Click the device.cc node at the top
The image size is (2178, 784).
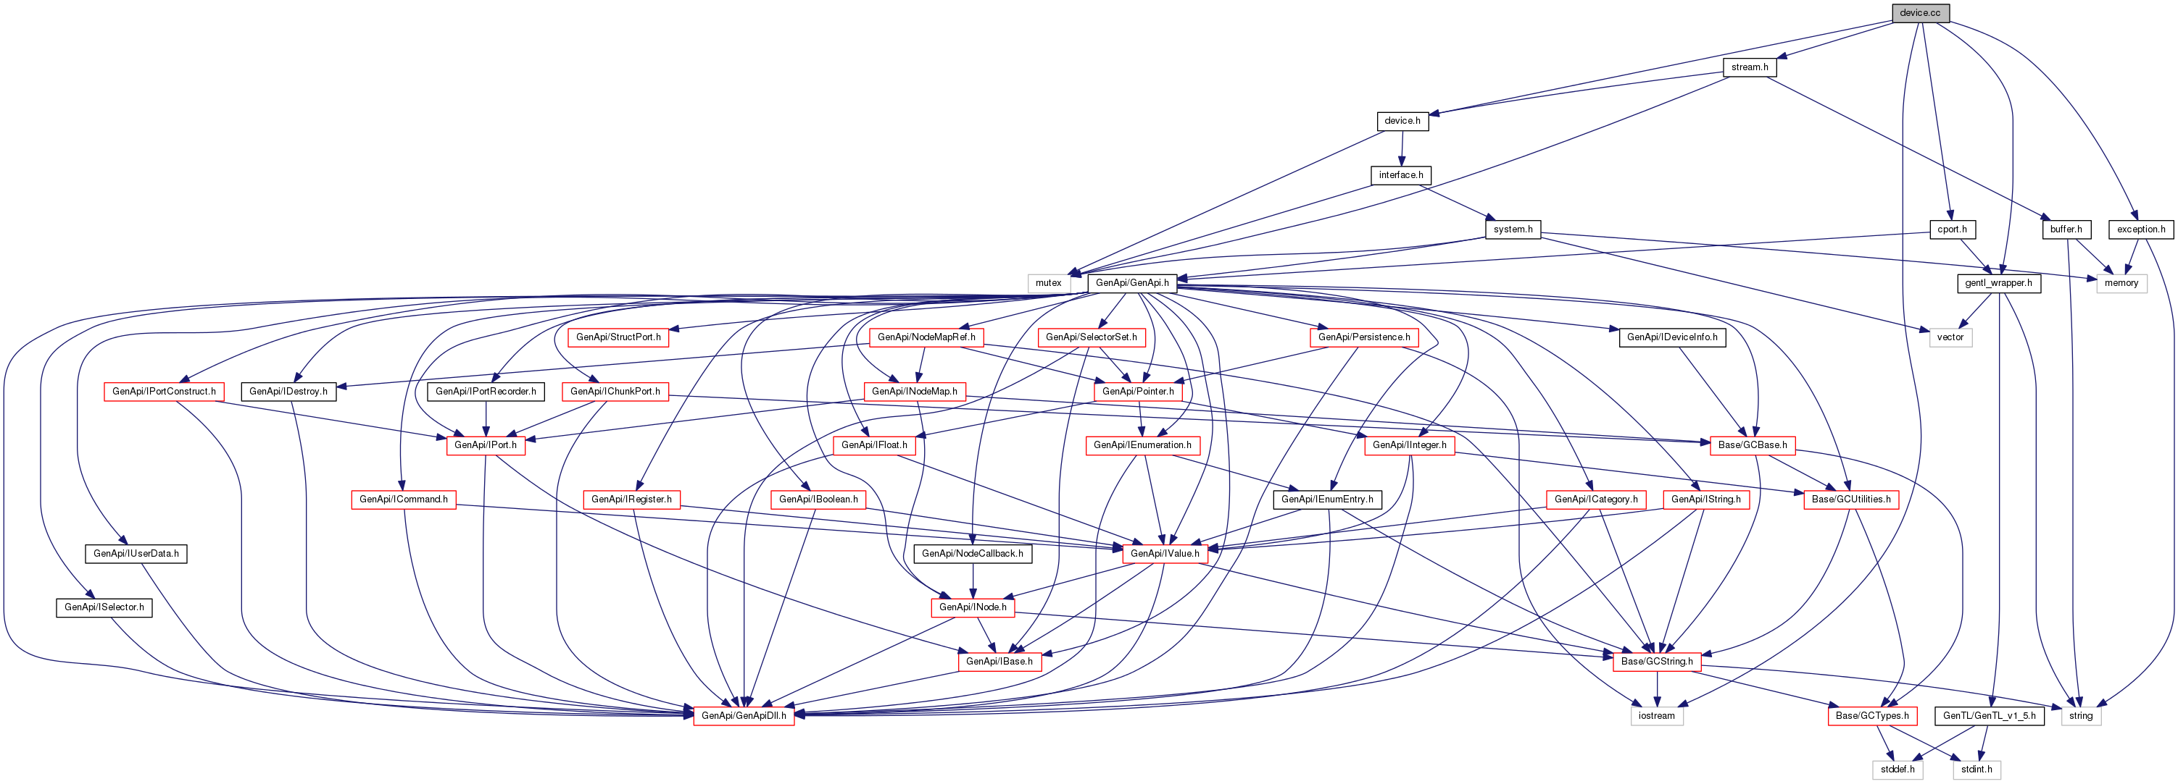(1920, 13)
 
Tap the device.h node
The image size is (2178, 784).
(1402, 121)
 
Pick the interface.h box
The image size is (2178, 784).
(1401, 175)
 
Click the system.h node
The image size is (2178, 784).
(1513, 229)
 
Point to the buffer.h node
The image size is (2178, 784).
(2066, 229)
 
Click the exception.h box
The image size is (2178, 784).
(2141, 229)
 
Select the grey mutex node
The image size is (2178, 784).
(1049, 283)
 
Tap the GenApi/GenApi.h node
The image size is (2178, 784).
(1132, 283)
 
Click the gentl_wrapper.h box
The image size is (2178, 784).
(1998, 283)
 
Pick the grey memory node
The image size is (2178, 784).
(2121, 283)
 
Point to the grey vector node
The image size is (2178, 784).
(1950, 337)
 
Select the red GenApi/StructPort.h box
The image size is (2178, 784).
(618, 337)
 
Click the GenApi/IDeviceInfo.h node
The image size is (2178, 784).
(1671, 337)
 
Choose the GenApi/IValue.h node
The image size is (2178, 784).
(1164, 553)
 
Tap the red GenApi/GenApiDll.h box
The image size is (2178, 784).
(743, 715)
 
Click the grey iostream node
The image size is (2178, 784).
(1656, 715)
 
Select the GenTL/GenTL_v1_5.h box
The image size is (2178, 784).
(1990, 715)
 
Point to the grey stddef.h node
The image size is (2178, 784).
(1898, 770)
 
